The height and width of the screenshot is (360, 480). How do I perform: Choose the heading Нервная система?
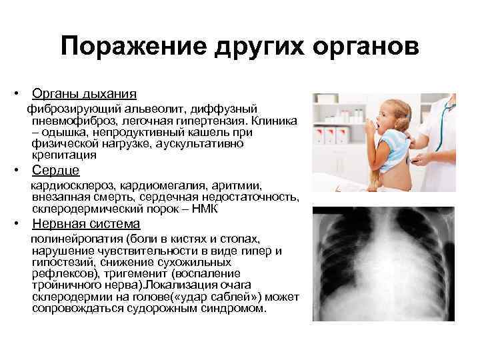click(x=85, y=224)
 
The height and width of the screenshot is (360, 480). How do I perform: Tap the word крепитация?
click(x=64, y=155)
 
